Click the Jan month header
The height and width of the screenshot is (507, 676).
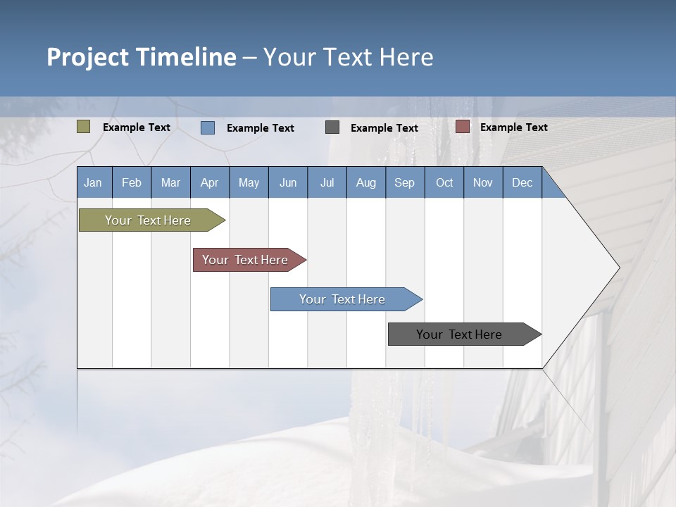click(x=94, y=182)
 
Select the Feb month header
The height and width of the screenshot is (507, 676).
click(x=132, y=182)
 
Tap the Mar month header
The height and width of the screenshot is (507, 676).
click(x=170, y=182)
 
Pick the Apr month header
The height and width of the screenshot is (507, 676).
click(x=210, y=182)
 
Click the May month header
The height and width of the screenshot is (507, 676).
click(x=249, y=182)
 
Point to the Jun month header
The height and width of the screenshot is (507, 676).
click(x=288, y=182)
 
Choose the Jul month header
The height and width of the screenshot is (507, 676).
click(x=327, y=182)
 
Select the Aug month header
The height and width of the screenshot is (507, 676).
click(x=366, y=182)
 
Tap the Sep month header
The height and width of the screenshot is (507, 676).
click(x=405, y=182)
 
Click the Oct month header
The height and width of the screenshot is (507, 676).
click(x=444, y=182)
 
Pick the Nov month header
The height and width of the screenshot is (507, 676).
click(x=483, y=182)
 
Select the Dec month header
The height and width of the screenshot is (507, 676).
click(x=522, y=182)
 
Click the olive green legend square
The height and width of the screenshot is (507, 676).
click(x=84, y=127)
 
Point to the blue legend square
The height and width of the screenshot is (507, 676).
click(x=208, y=127)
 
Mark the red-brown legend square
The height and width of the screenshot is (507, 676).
click(x=463, y=127)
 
